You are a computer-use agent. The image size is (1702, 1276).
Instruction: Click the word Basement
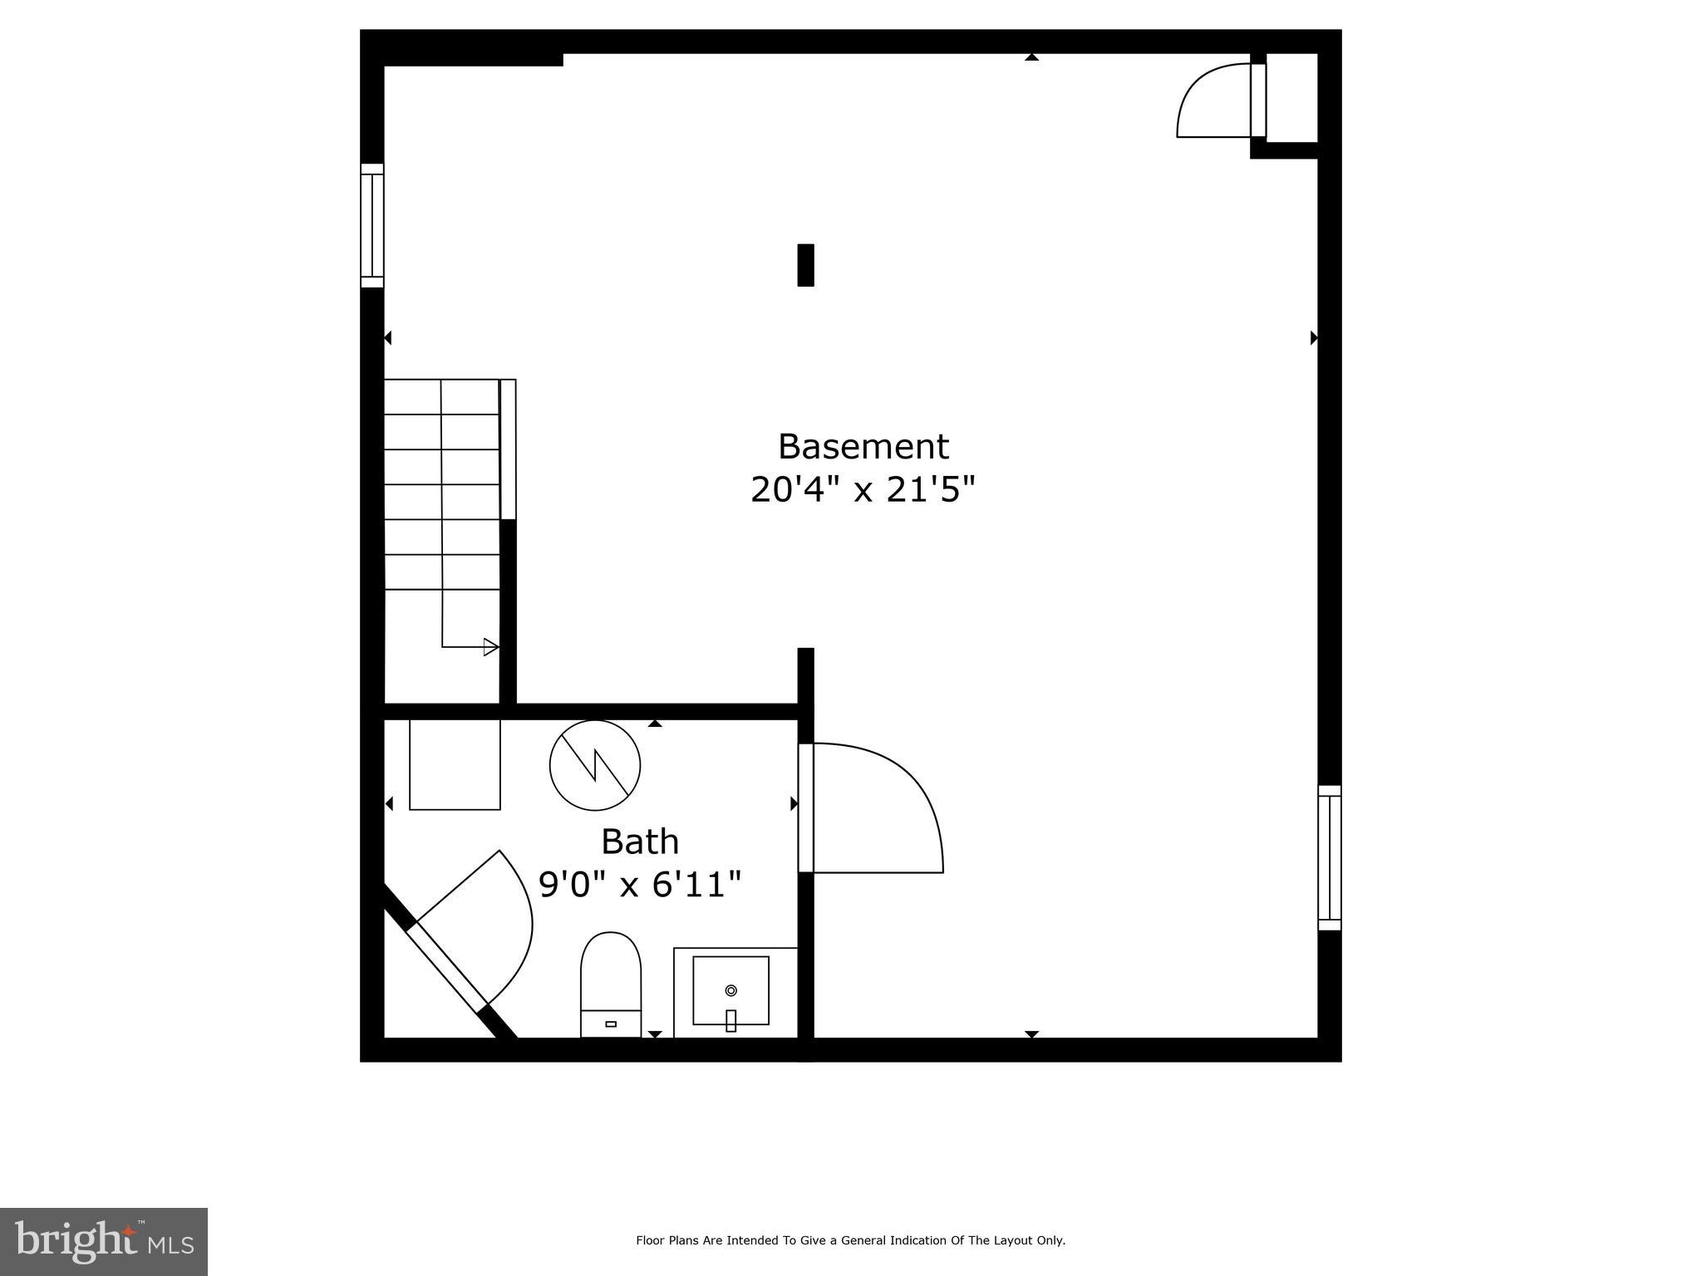[863, 447]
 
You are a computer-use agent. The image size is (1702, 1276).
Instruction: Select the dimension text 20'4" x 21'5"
[862, 490]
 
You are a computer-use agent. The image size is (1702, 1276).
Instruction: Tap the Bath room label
[640, 842]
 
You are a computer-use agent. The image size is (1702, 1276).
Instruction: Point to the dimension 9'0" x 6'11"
[639, 885]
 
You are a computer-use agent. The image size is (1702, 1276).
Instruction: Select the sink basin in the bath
[730, 991]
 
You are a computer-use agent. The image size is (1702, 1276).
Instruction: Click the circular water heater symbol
[595, 765]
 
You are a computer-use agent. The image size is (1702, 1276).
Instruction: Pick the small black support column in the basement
[805, 265]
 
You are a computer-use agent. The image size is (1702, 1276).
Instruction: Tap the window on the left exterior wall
[372, 226]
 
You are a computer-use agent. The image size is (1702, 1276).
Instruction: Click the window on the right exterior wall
[1330, 857]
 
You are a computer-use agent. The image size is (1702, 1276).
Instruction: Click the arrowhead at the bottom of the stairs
[491, 646]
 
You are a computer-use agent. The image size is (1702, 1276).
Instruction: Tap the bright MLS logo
[104, 1241]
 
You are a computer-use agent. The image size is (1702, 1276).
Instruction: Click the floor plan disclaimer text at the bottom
[850, 1241]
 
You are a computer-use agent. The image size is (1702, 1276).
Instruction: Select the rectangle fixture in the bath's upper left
[455, 764]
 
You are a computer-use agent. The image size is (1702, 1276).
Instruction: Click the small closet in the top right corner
[1291, 98]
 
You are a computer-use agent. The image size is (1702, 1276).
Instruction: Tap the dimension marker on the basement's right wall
[1314, 337]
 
